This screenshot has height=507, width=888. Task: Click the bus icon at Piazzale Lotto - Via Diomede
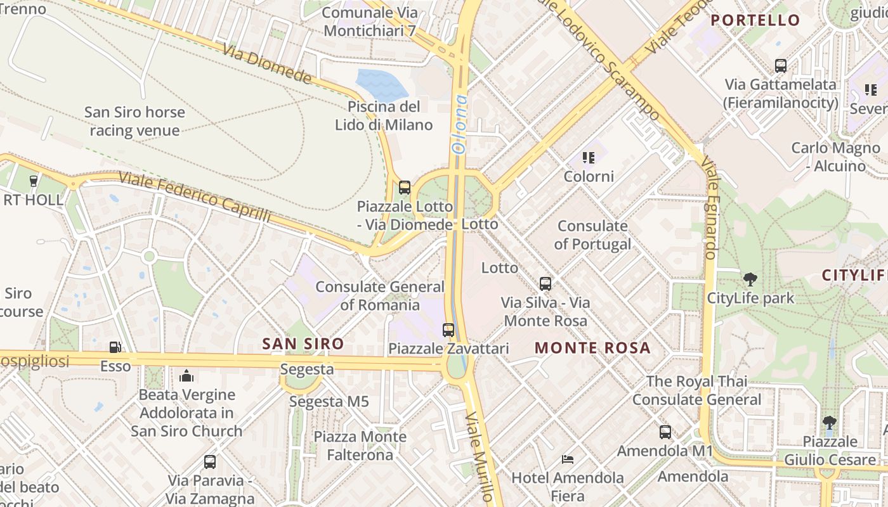pos(404,188)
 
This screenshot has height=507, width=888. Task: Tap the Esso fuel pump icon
pos(115,347)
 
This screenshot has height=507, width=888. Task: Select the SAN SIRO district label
pos(303,344)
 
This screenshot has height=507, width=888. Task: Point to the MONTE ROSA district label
pos(592,348)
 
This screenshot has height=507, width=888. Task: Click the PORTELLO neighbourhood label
pos(755,20)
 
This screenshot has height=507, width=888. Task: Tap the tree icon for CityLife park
pos(750,279)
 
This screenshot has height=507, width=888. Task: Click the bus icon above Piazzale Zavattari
pos(448,330)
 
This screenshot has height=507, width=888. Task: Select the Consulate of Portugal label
pos(592,235)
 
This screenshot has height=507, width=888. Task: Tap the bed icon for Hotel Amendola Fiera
pos(568,459)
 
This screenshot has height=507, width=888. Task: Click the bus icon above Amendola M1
pos(665,432)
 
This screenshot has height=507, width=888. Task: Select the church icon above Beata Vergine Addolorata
pos(186,376)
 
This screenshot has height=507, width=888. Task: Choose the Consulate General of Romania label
pos(380,296)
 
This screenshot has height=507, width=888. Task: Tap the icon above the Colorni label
pos(589,157)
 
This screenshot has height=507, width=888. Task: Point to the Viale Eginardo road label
pos(710,210)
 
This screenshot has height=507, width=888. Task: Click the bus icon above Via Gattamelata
pos(781,65)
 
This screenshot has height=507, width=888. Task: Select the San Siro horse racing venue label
pos(134,122)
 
